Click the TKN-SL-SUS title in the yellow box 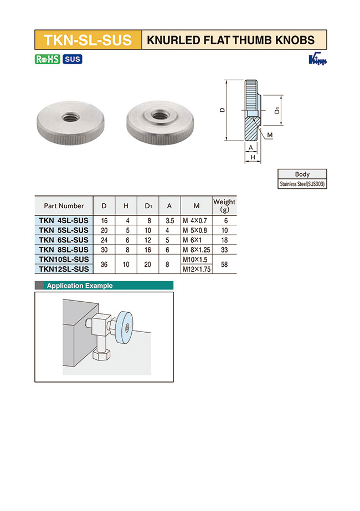coord(88,40)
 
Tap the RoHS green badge coord(47,59)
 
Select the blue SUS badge coord(72,59)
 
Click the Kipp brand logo coord(317,60)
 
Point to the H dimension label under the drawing coord(253,158)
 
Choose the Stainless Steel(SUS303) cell coord(302,184)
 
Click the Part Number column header coord(64,206)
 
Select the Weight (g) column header coord(224,205)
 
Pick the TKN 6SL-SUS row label coord(64,240)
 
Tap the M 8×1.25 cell coord(197,250)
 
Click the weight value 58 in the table coord(224,264)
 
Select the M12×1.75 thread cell coord(197,269)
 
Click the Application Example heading coord(80,286)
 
